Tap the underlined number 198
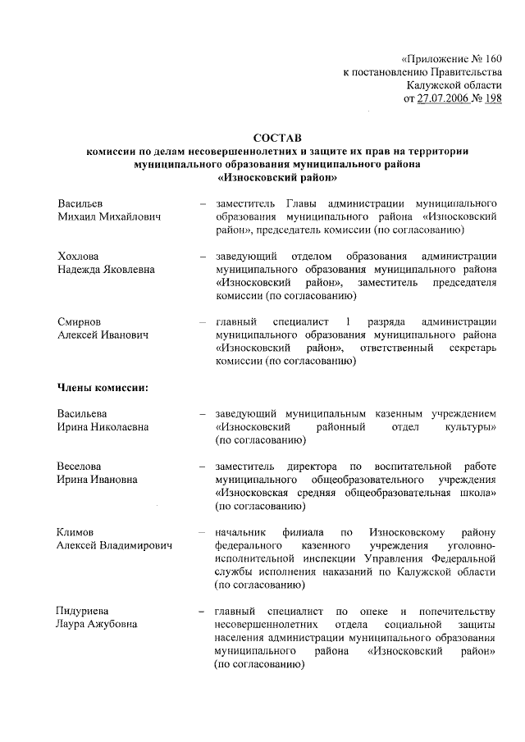[492, 99]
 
